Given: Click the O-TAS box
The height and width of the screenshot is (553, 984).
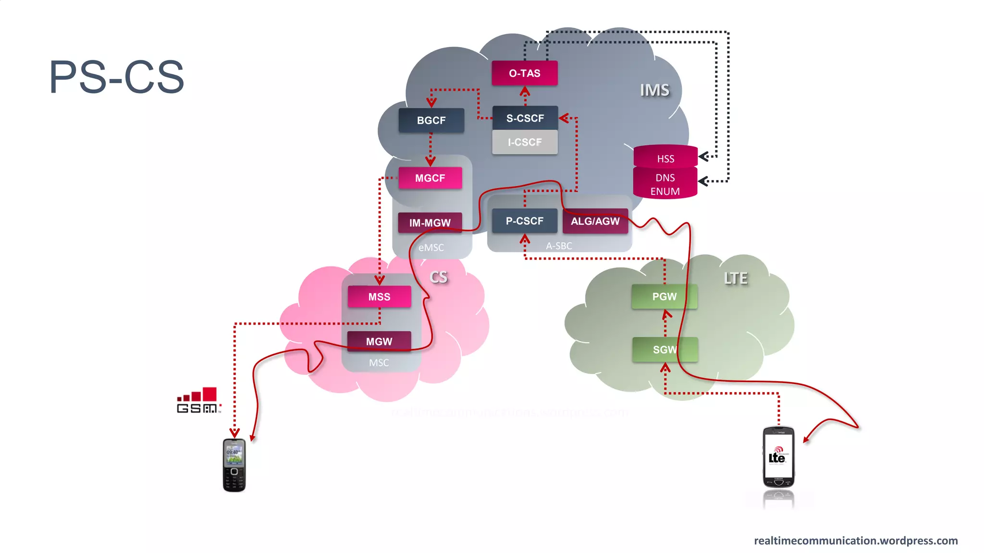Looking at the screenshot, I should click(525, 73).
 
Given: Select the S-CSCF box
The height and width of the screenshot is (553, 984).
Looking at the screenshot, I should click(525, 118).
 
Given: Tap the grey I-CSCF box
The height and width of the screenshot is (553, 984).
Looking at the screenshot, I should click(525, 142).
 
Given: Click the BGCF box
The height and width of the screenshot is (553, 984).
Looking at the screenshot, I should click(431, 120).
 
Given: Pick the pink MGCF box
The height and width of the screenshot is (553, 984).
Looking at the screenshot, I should click(430, 178).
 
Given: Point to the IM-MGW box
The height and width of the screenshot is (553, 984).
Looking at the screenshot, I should click(430, 223).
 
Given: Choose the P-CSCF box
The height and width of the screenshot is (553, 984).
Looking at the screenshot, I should click(524, 221).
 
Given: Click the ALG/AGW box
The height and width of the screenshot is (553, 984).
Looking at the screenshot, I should click(595, 221).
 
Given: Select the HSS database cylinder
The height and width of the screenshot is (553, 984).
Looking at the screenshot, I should click(665, 157).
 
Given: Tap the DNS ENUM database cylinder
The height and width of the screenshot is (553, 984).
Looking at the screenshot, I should click(665, 184).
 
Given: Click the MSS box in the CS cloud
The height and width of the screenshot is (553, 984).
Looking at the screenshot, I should click(379, 297).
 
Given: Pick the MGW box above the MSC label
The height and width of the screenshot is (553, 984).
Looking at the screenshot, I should click(379, 341).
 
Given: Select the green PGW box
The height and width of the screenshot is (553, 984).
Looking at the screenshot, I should click(664, 297).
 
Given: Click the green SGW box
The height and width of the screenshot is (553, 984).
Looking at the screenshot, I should click(665, 349).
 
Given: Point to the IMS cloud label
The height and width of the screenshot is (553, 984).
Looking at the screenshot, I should click(654, 90).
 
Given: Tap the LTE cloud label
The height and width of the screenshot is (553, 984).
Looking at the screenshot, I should click(736, 278).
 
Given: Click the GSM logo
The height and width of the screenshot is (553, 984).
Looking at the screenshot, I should click(198, 401).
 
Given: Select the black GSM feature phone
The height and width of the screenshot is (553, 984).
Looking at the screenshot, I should click(234, 465).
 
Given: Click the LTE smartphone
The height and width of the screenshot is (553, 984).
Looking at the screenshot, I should click(778, 457).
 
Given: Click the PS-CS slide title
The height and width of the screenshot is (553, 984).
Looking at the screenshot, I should click(117, 77).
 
